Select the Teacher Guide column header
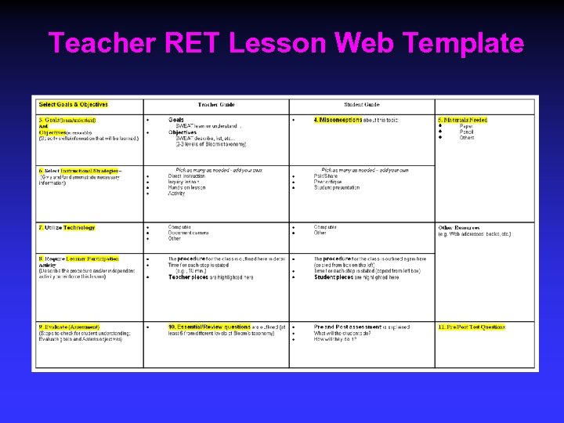pyautogui.click(x=215, y=104)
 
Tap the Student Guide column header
pyautogui.click(x=362, y=104)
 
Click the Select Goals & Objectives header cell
pyautogui.click(x=74, y=104)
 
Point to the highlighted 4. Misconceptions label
pyautogui.click(x=338, y=120)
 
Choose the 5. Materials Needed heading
pyautogui.click(x=462, y=120)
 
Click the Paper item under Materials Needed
pyautogui.click(x=466, y=126)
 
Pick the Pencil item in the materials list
pyautogui.click(x=467, y=132)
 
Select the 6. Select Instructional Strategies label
pyautogui.click(x=78, y=170)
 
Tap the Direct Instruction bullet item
pyautogui.click(x=186, y=176)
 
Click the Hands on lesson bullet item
pyautogui.click(x=186, y=187)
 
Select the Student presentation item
pyautogui.click(x=337, y=187)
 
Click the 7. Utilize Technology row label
pyautogui.click(x=67, y=227)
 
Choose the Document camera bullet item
pyautogui.click(x=188, y=233)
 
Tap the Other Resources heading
pyautogui.click(x=459, y=227)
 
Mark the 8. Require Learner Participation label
pyautogui.click(x=78, y=258)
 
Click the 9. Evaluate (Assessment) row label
pyautogui.click(x=69, y=327)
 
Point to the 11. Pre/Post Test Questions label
pyautogui.click(x=472, y=327)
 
